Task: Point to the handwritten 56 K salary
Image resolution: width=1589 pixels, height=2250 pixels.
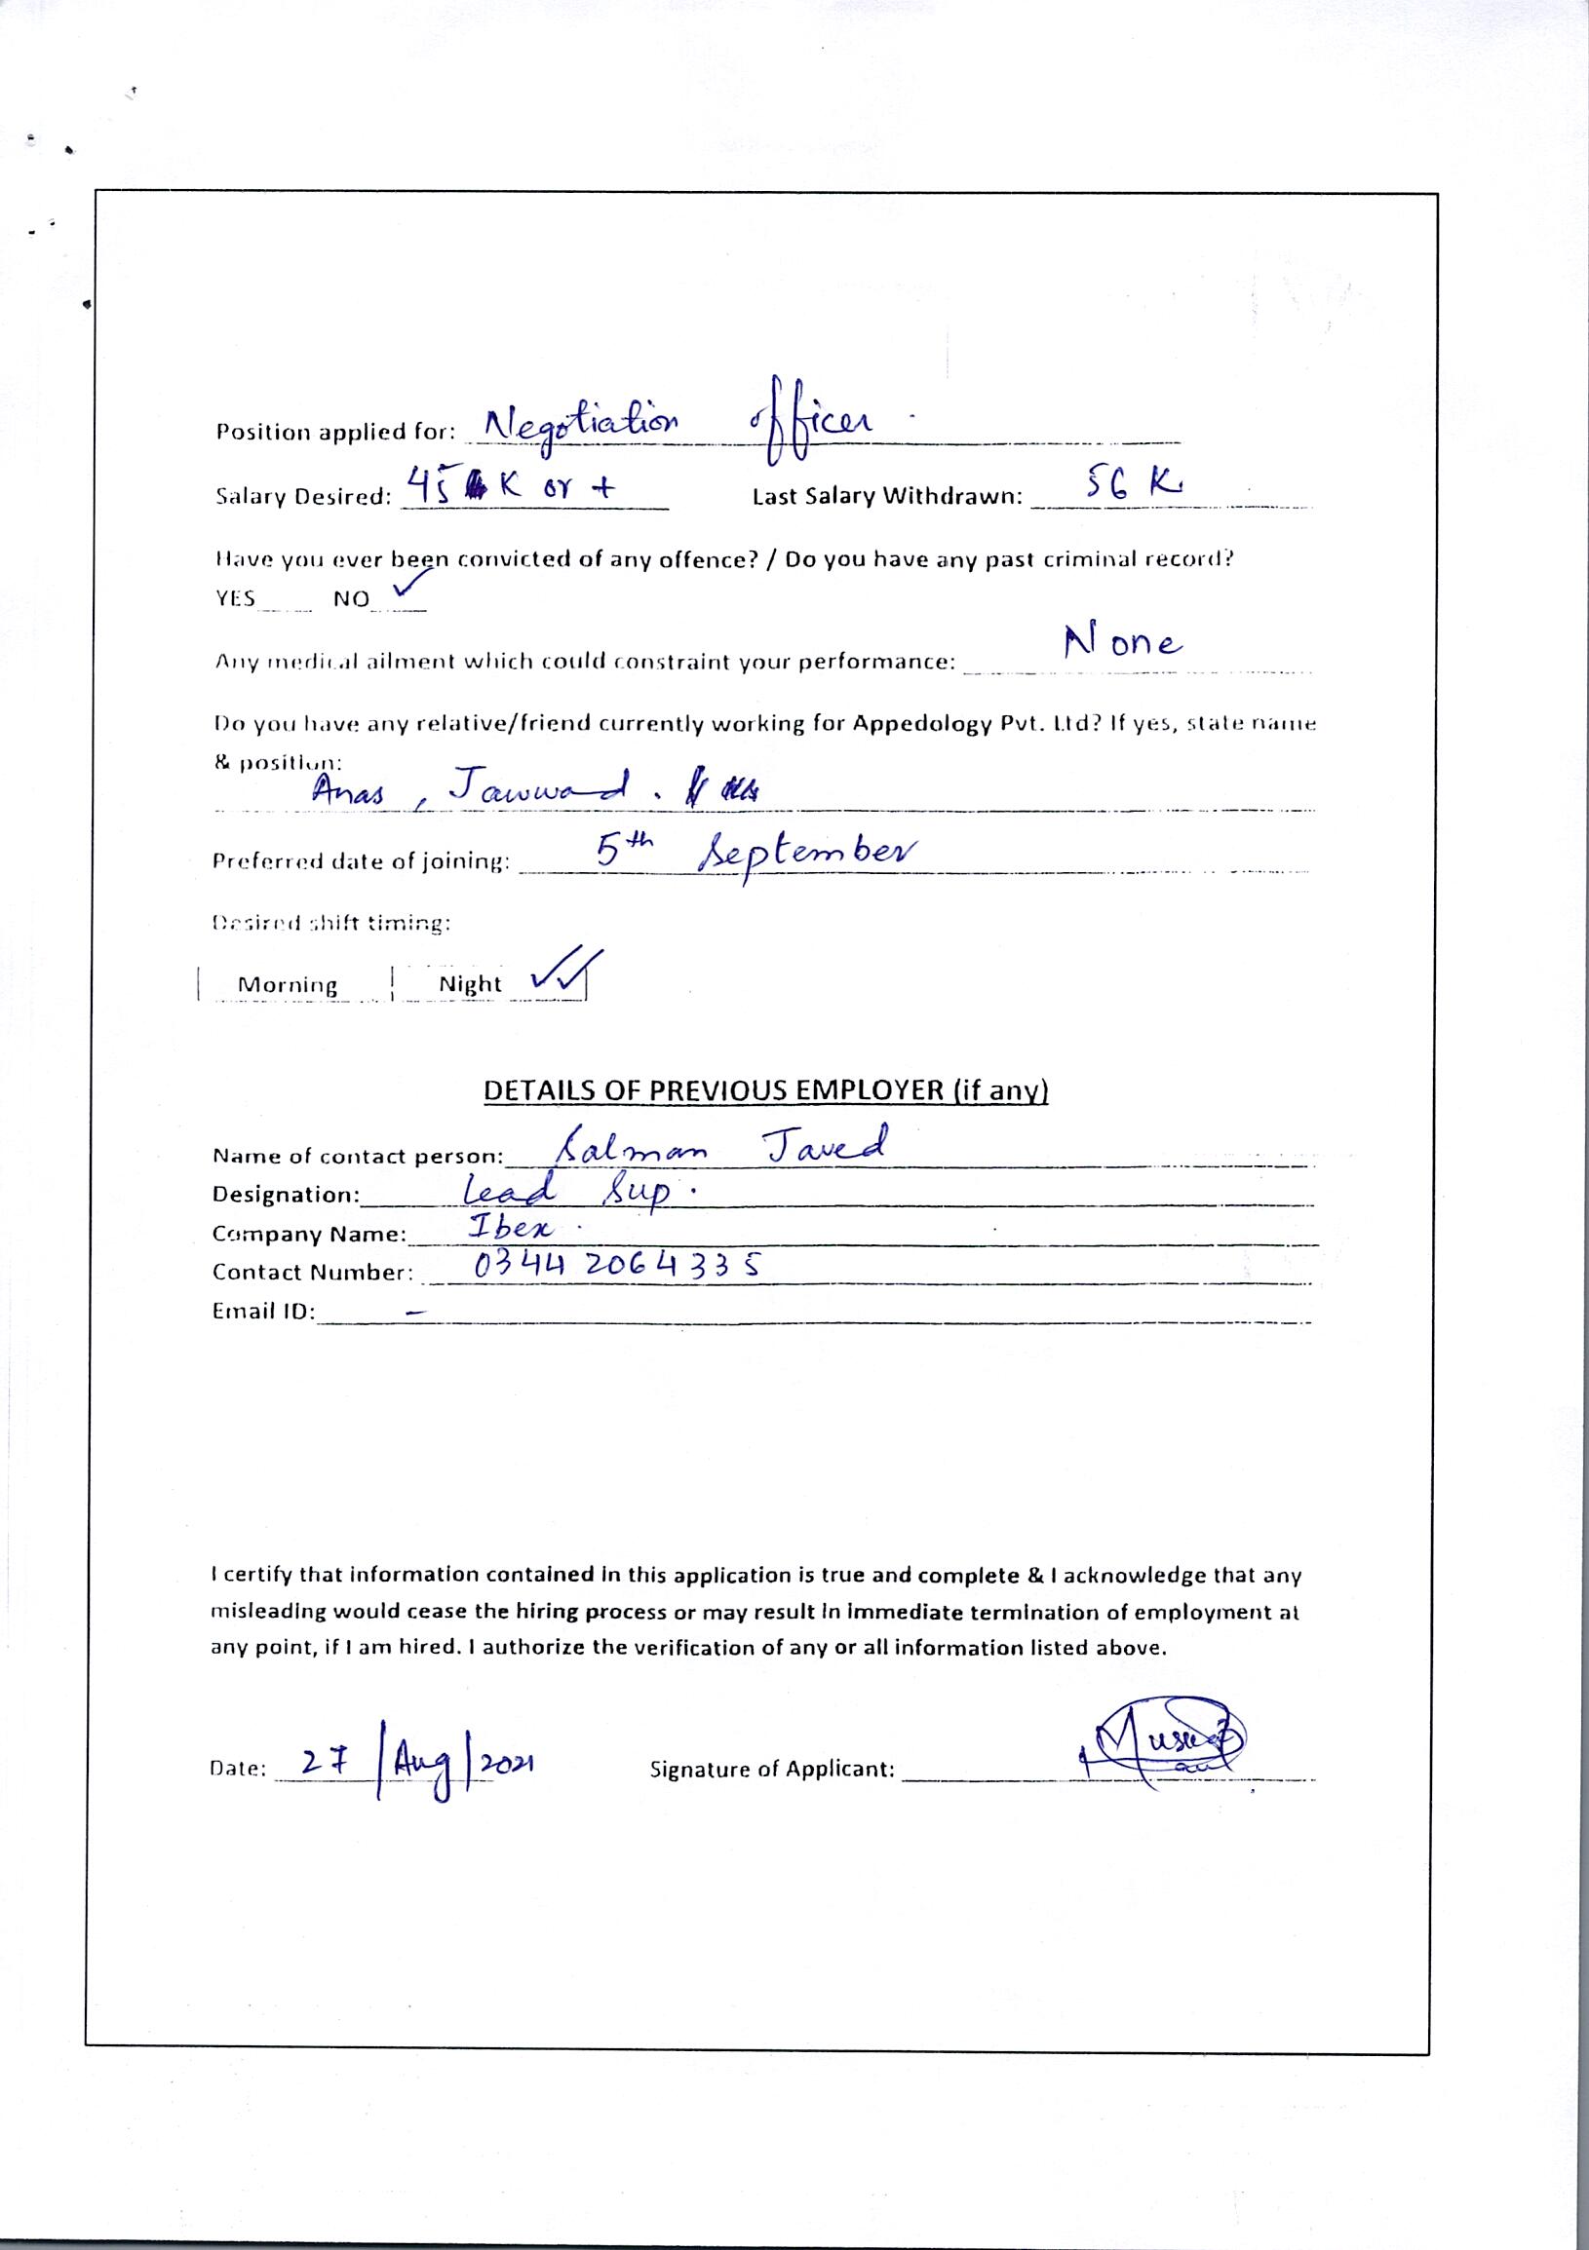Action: (1126, 483)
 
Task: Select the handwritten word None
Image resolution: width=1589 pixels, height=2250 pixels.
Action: (1123, 643)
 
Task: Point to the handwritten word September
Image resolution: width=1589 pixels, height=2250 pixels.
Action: (806, 855)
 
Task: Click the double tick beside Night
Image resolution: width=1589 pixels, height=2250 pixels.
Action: (564, 974)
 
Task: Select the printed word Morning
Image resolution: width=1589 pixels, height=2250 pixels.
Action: (288, 985)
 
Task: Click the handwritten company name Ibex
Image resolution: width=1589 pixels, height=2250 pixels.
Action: (512, 1228)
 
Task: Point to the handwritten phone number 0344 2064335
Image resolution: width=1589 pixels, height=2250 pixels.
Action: (616, 1266)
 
